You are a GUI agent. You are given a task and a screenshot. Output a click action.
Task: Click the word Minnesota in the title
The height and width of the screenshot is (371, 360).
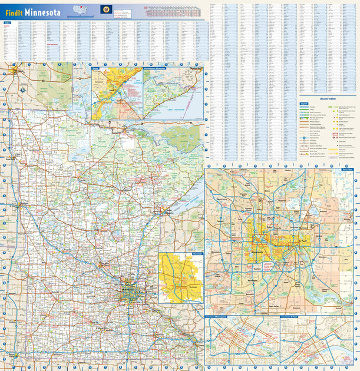[x=42, y=11]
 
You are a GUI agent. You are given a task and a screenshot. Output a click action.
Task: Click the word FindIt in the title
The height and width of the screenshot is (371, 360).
[x=14, y=11]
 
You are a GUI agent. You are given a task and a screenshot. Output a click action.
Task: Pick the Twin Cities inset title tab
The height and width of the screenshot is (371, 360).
[x=347, y=169]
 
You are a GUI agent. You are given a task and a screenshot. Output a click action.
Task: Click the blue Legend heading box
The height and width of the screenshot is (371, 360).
[x=305, y=103]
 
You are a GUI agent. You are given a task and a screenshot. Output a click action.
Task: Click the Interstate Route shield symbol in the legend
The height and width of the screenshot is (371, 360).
[x=303, y=137]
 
